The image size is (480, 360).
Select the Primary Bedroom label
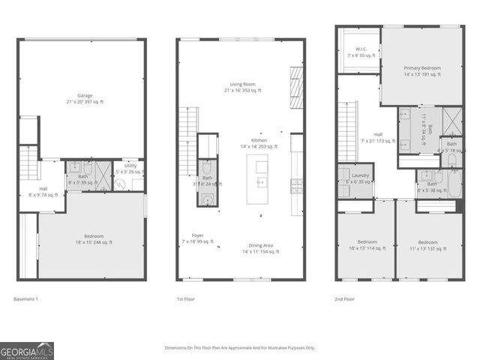click(x=422, y=71)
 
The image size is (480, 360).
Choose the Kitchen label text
click(x=259, y=143)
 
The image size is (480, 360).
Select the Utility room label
click(x=130, y=169)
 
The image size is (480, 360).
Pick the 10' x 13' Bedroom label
click(x=367, y=245)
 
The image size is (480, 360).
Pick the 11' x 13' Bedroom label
click(x=427, y=245)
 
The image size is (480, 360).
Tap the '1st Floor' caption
click(x=185, y=298)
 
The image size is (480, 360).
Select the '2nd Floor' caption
click(x=344, y=298)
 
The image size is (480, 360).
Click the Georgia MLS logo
click(x=27, y=350)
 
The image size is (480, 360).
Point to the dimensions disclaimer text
click(x=240, y=348)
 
